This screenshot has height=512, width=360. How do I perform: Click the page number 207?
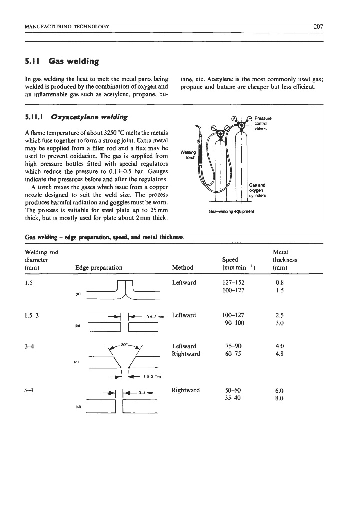[x=319, y=26]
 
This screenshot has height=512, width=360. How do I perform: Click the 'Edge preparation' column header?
[x=99, y=267]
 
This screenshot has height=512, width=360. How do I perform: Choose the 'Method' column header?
[x=182, y=267]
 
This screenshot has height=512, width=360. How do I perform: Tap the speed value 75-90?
[x=232, y=345]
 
